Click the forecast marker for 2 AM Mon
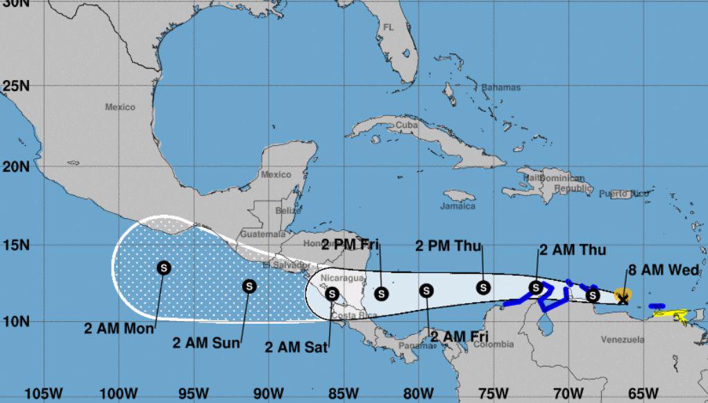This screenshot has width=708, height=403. (164, 267)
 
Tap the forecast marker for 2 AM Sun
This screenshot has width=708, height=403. (249, 286)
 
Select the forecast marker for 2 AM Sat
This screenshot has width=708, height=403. (332, 294)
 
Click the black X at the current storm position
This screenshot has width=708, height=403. (623, 299)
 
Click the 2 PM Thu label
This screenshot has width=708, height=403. (448, 245)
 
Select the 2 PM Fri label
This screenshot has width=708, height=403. (349, 245)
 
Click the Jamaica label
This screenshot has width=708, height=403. (458, 206)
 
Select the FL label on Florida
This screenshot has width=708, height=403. (389, 27)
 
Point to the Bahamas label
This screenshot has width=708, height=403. (500, 88)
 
